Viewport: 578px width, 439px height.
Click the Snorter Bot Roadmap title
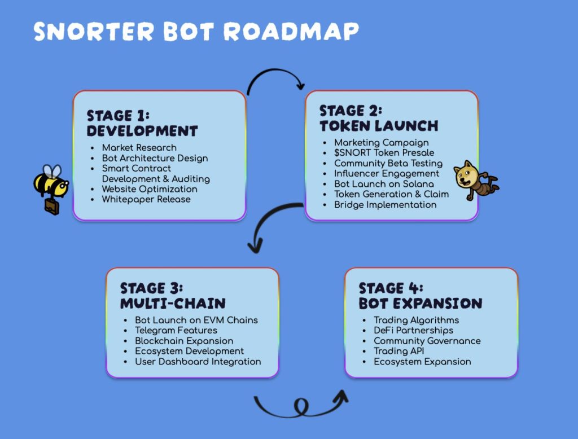click(x=196, y=32)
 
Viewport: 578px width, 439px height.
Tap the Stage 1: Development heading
click(x=142, y=123)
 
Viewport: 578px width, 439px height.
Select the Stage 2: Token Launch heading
click(x=379, y=118)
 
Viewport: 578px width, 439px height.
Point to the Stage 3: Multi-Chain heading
click(x=173, y=296)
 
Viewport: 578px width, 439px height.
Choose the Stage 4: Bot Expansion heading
click(x=420, y=296)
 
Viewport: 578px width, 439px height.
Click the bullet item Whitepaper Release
click(x=146, y=199)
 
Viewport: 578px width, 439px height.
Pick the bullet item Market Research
click(x=139, y=147)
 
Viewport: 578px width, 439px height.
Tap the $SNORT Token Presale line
click(x=384, y=152)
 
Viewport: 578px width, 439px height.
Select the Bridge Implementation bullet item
click(x=385, y=205)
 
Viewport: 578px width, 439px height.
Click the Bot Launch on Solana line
click(x=384, y=184)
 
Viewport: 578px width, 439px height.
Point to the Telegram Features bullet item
click(x=176, y=330)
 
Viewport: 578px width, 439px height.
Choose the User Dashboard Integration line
click(x=198, y=362)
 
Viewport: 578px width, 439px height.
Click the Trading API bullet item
click(x=399, y=352)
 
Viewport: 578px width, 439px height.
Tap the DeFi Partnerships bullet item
click(x=413, y=330)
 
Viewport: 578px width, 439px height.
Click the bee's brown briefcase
click(x=51, y=207)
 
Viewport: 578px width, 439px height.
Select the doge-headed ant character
click(x=475, y=180)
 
